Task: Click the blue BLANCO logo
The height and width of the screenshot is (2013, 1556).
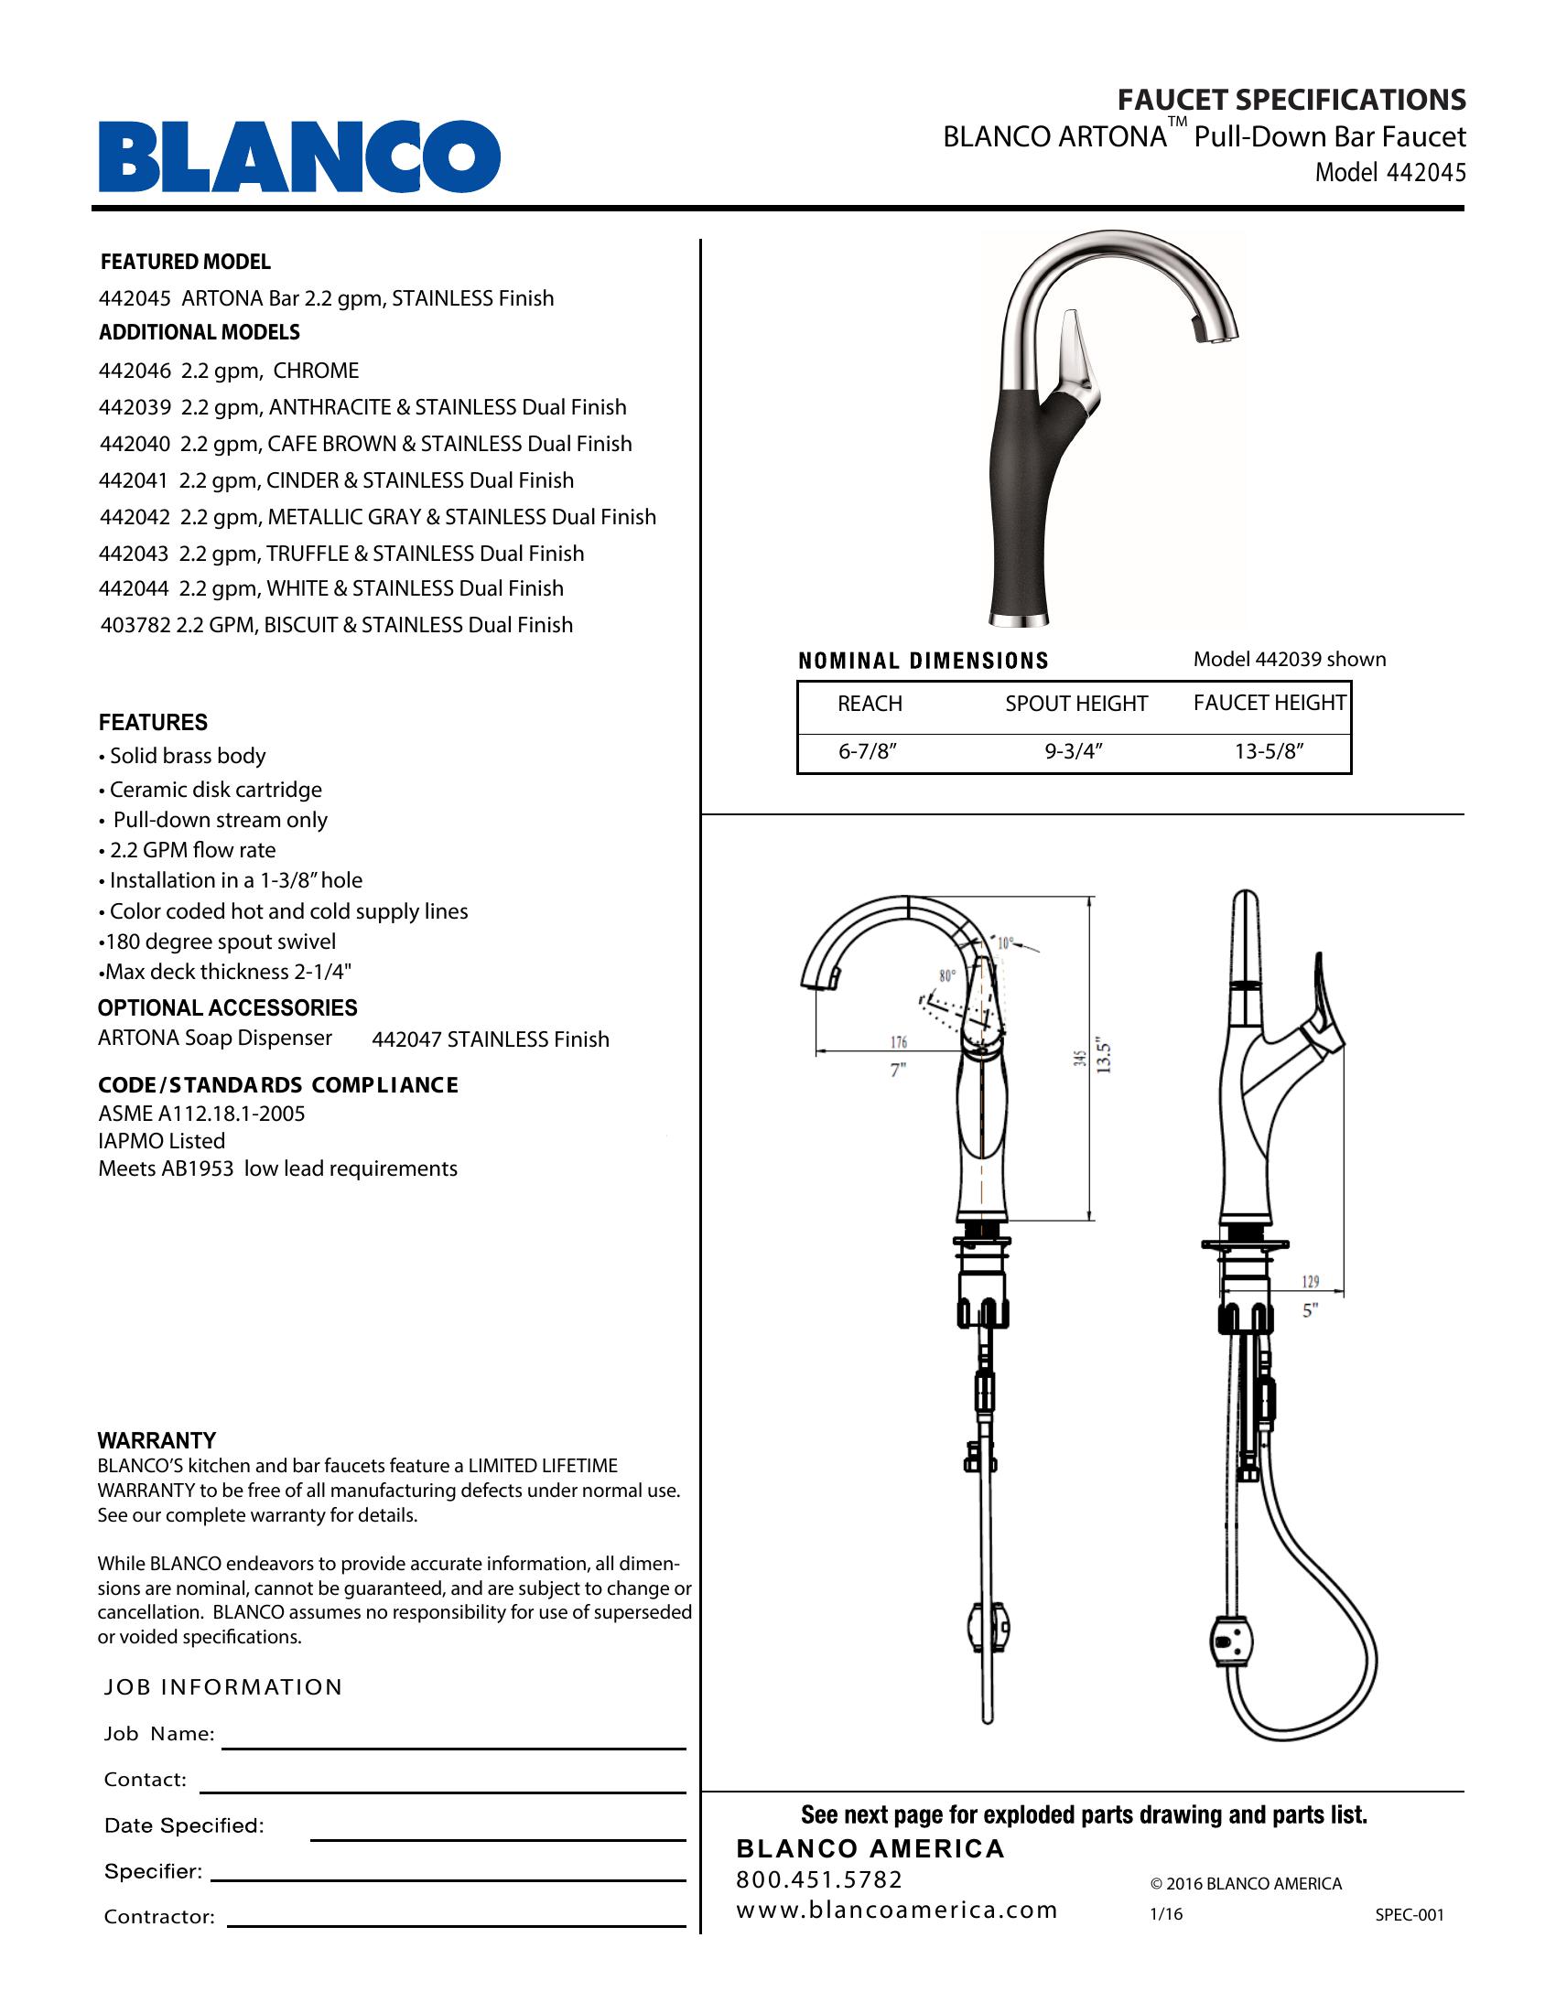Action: point(299,156)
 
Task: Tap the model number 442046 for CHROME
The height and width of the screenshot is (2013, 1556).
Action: point(135,371)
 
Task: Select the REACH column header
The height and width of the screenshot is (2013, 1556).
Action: point(870,704)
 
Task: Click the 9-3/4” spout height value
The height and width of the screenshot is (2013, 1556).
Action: point(1074,751)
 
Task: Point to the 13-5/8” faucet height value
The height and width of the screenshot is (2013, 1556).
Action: point(1270,751)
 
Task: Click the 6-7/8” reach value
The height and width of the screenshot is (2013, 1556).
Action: point(868,751)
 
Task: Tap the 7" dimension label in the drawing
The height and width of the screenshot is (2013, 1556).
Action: point(898,1071)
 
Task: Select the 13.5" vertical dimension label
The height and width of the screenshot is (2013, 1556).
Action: point(1105,1057)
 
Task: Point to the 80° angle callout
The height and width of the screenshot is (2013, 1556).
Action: point(947,975)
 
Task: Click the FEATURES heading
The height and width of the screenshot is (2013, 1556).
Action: point(153,723)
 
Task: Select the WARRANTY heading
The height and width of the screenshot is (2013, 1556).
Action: point(157,1440)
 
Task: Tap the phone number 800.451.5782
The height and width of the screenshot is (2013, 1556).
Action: point(819,1879)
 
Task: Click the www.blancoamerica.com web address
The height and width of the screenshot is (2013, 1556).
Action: point(896,1910)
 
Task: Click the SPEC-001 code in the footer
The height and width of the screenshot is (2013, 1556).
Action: point(1410,1914)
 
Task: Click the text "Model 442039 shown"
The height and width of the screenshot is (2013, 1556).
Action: point(1289,659)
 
